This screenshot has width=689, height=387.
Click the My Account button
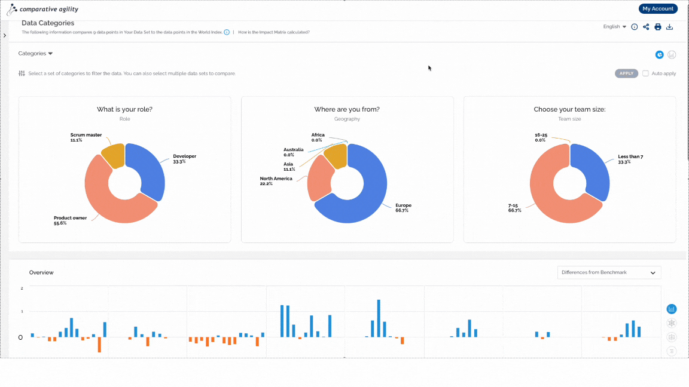658,9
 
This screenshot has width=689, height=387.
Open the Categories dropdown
35,54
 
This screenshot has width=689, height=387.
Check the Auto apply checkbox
645,73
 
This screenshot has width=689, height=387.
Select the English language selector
615,27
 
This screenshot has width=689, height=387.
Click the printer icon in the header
658,27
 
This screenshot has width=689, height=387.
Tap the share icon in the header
646,27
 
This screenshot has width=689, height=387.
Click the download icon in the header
670,27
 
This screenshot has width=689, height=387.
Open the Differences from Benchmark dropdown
609,272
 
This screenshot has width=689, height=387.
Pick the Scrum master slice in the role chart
114,155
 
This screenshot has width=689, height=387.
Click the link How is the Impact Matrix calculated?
274,32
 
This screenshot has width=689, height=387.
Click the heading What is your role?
125,109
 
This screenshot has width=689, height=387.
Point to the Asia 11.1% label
289,167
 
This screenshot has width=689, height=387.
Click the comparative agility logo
42,9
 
